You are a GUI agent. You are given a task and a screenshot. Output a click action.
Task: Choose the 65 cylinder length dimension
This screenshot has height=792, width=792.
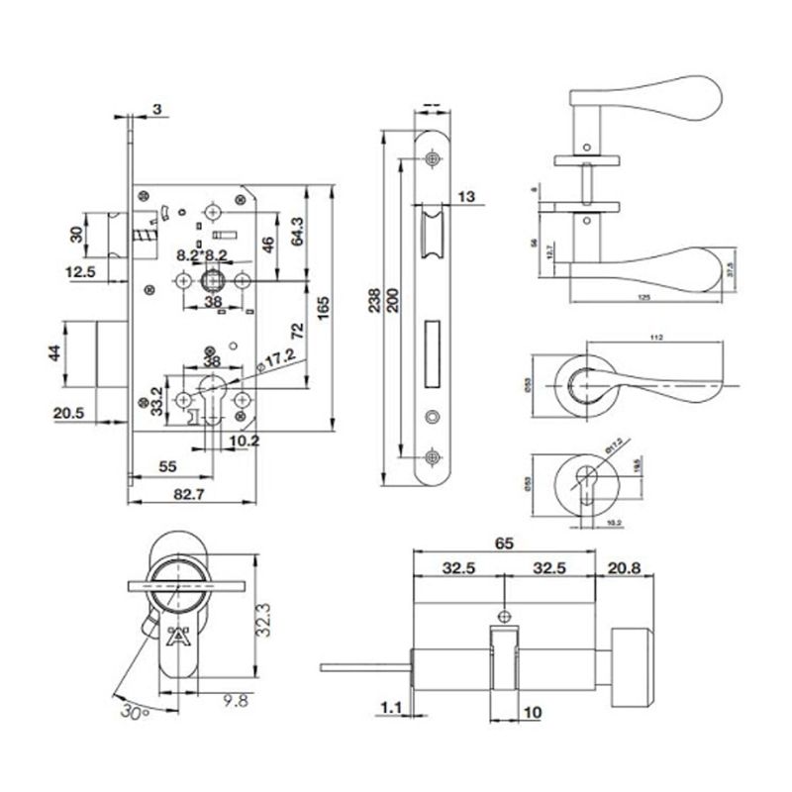(x=505, y=544)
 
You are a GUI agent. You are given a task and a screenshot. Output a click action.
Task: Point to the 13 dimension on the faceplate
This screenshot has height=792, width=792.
(x=467, y=197)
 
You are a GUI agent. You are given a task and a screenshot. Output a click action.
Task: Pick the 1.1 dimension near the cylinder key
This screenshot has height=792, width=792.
(x=389, y=709)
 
